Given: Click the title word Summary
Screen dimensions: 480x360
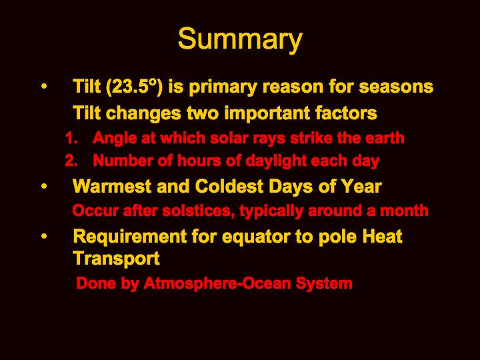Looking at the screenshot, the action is (240, 40).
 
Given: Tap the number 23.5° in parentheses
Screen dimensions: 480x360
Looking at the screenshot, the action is (133, 87).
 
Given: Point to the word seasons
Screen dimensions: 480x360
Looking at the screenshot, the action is (396, 87).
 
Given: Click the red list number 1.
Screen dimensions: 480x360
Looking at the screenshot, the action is (71, 138).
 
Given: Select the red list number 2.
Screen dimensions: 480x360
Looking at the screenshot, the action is (71, 161).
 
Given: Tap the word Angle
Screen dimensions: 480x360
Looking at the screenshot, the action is (115, 139).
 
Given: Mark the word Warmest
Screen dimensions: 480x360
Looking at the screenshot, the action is (112, 187).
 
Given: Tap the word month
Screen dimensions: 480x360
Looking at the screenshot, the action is (404, 211).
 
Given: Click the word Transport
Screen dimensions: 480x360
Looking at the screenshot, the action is (116, 259).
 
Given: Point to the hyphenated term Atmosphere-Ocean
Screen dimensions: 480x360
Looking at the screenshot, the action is (217, 283).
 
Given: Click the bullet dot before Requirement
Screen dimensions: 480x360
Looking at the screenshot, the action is (44, 236).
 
